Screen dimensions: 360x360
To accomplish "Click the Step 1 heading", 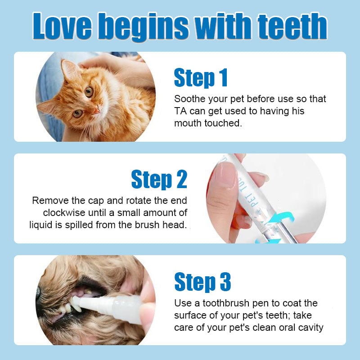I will point(201,78).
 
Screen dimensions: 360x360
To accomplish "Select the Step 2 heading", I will point(159,180).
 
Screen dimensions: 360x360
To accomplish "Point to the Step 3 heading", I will point(202,282).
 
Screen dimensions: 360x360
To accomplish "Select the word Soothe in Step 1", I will point(188,99).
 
